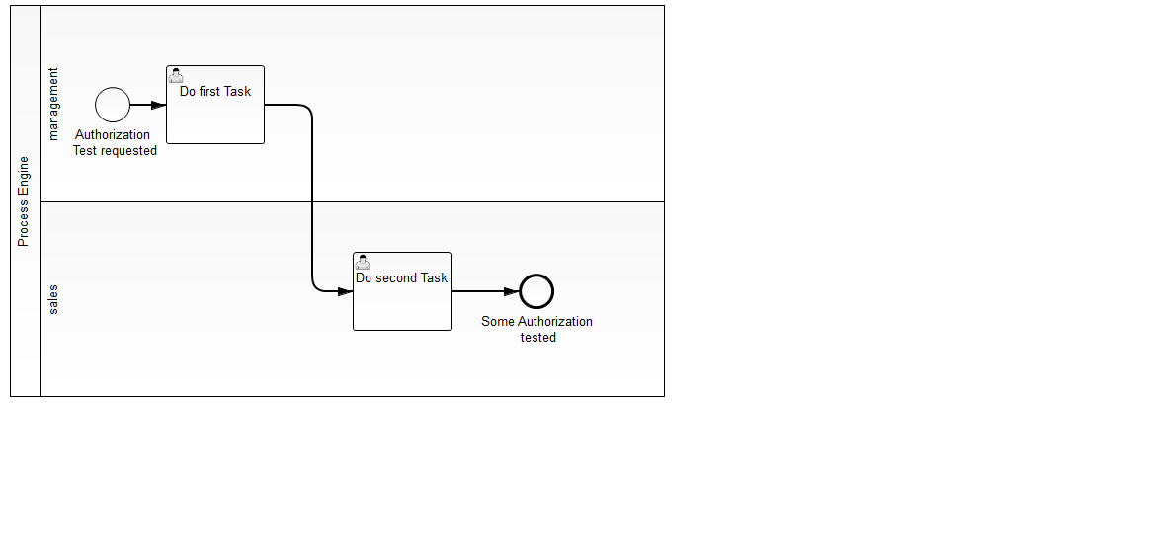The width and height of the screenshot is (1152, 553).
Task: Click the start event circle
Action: tap(113, 105)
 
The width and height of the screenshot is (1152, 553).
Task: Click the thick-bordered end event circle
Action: tap(536, 291)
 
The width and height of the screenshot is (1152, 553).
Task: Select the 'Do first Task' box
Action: tap(215, 117)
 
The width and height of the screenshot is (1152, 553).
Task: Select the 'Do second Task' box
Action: tap(402, 302)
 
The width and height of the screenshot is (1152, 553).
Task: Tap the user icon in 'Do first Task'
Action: tap(176, 75)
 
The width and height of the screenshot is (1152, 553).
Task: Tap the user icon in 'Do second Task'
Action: tap(363, 262)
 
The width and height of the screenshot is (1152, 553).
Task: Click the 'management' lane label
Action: tap(53, 104)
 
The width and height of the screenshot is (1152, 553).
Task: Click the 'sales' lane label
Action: tap(53, 299)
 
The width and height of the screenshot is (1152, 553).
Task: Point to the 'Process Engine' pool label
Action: tap(24, 201)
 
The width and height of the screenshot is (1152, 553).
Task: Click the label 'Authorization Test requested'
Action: tap(114, 143)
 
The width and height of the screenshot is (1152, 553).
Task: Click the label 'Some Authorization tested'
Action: tap(537, 329)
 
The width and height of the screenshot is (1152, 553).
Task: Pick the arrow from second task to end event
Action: tap(484, 291)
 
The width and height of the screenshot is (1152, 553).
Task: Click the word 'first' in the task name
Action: tap(209, 91)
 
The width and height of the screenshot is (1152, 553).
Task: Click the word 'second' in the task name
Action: tap(396, 277)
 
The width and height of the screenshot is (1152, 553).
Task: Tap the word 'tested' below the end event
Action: tap(538, 337)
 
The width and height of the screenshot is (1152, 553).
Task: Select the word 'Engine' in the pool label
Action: tap(24, 177)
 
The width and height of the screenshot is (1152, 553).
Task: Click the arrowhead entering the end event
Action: tap(511, 291)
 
